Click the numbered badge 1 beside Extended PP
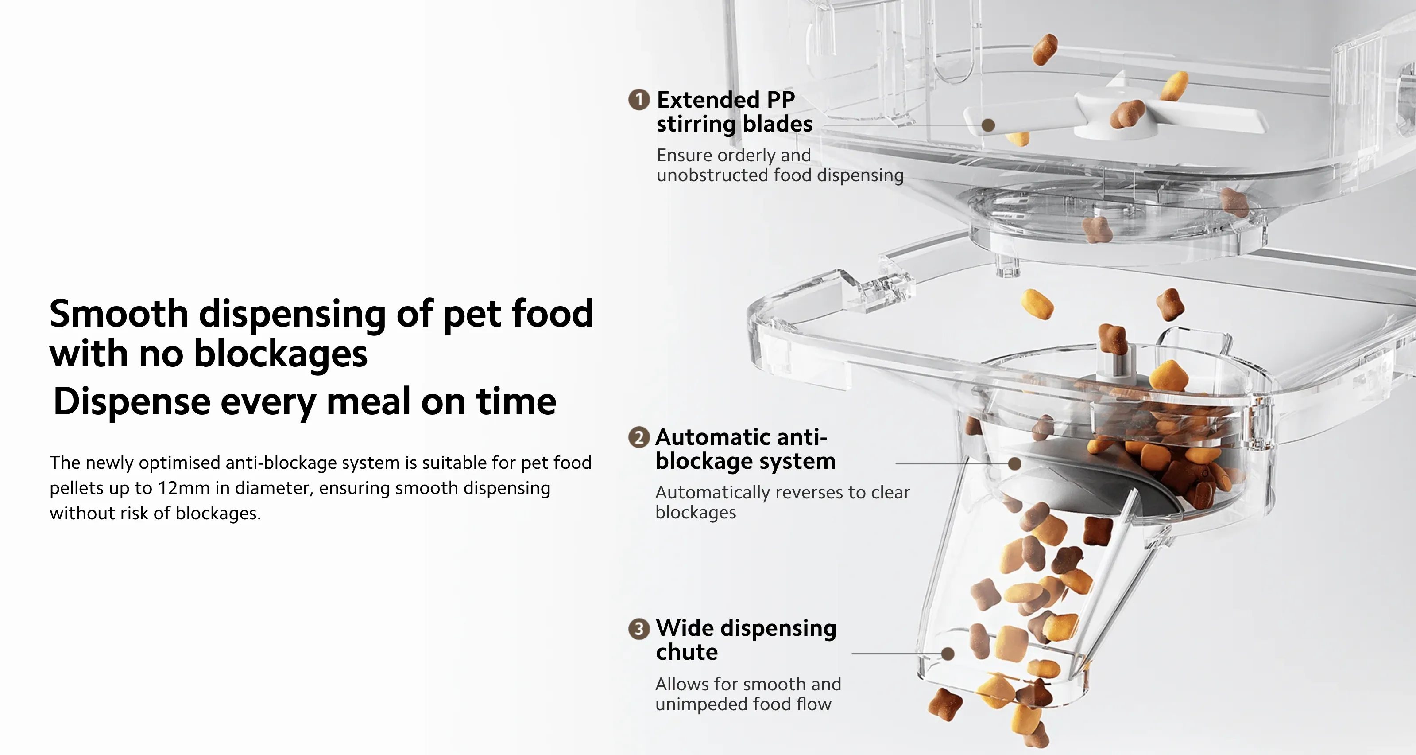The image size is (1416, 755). click(x=639, y=100)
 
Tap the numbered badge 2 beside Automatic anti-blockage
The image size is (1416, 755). click(x=639, y=437)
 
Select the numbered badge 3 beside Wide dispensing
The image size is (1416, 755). click(x=639, y=629)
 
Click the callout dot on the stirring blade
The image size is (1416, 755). click(x=988, y=125)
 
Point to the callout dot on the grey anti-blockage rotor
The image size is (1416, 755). click(x=1015, y=463)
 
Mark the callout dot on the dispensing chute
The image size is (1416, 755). click(x=948, y=654)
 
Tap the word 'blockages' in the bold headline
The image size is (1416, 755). click(x=281, y=354)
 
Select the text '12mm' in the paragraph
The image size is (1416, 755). click(x=184, y=488)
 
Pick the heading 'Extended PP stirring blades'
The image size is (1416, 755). click(x=735, y=112)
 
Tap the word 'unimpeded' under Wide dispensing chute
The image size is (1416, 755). click(x=701, y=704)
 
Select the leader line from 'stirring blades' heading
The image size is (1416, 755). click(x=902, y=125)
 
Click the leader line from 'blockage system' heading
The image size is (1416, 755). click(x=952, y=463)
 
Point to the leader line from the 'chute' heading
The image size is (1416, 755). click(x=897, y=654)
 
